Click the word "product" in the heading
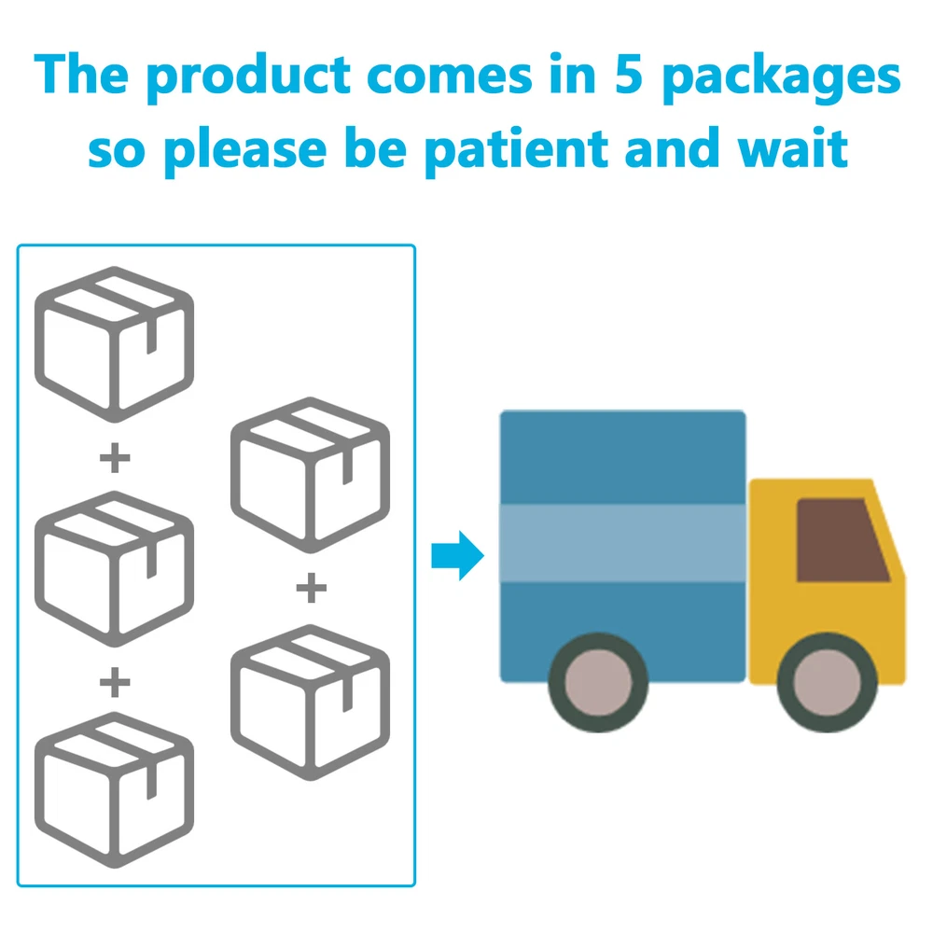coord(252,77)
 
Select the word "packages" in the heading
coord(780,79)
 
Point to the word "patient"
coord(515,149)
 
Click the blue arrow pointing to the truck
coord(457,557)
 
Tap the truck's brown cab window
coord(842,537)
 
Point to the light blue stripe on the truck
coord(622,542)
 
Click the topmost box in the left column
coord(114,341)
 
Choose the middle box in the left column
coord(114,568)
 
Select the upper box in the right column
coord(311,473)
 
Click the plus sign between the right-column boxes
coord(311,589)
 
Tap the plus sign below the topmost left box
coord(114,458)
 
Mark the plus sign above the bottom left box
coord(114,683)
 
